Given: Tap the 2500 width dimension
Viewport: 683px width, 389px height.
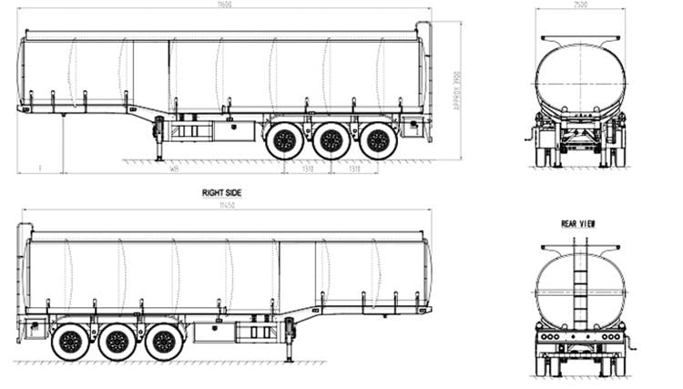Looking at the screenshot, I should click(580, 5).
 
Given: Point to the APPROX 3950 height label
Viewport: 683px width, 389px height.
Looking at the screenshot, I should click(456, 91).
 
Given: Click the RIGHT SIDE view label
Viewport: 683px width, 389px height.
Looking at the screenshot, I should click(222, 193).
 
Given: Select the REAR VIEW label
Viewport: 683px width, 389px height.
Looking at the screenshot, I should click(578, 223).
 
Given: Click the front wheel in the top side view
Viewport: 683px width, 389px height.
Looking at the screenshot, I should click(284, 140).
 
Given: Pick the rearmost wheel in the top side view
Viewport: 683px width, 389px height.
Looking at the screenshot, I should click(378, 140).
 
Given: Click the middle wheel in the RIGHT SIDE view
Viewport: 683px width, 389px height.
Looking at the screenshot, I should click(117, 342).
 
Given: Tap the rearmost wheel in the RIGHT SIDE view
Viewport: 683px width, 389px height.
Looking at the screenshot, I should click(69, 342).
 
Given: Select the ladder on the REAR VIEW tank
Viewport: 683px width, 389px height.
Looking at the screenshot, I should click(580, 282).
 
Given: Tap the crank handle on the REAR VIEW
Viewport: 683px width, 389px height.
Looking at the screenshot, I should click(629, 343).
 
